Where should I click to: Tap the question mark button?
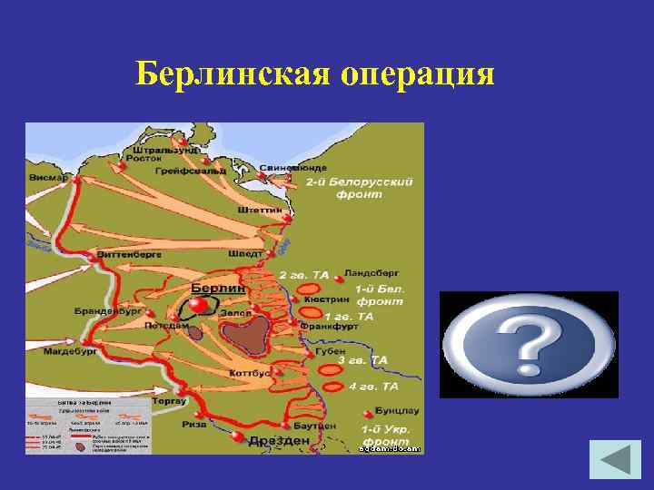point(529,345)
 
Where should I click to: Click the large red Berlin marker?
point(199,306)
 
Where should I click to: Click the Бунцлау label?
point(390,410)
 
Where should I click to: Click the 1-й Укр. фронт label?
point(386,434)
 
